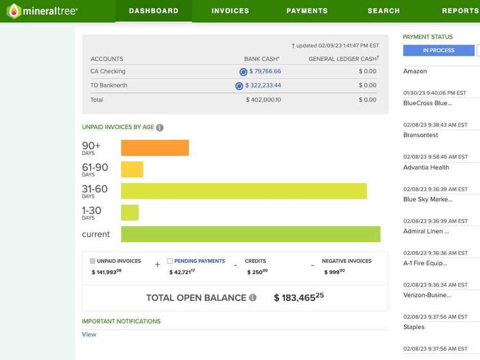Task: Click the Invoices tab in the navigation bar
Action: coord(230,11)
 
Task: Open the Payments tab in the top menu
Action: coord(307,11)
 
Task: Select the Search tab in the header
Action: coord(383,11)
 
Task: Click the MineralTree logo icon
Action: coord(14,11)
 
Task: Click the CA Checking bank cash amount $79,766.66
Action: coord(265,71)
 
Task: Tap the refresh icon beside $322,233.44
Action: coord(239,86)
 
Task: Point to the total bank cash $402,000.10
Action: coord(263,100)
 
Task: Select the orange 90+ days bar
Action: coord(155,148)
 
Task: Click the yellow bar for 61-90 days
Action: coord(132,170)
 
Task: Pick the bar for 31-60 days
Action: coord(244,191)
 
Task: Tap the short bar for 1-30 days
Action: coord(130,212)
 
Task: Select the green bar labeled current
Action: coord(251,234)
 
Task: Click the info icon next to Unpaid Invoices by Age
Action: coord(159,127)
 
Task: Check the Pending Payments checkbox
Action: coord(170,261)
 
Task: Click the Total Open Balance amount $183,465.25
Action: coord(299,298)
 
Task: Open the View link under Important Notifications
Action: coord(89,334)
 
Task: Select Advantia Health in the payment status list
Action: coord(426,167)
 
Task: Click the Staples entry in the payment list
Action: coord(414,327)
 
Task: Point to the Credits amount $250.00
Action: coord(257,272)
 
